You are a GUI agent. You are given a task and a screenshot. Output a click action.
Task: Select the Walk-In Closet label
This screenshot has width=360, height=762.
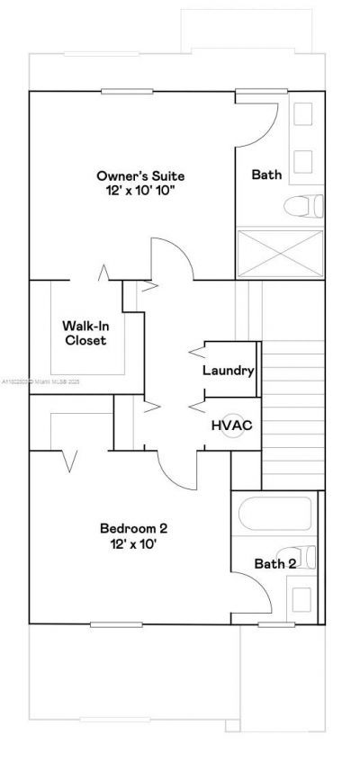(84, 333)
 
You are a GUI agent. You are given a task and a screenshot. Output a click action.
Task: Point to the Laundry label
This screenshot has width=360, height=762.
(229, 371)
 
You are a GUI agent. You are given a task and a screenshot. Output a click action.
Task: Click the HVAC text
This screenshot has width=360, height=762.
(229, 425)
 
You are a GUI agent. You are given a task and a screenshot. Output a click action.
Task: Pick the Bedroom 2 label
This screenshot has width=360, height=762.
(133, 529)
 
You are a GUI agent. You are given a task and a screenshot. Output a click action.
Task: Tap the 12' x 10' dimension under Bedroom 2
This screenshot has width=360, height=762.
(133, 544)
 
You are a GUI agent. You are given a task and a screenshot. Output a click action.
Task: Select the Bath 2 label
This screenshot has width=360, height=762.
(274, 564)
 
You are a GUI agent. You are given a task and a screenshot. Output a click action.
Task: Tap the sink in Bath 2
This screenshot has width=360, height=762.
(300, 598)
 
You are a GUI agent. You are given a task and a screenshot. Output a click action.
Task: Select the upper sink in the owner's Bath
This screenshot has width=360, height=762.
(303, 113)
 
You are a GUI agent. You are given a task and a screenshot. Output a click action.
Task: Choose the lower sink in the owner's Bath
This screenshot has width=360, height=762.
(303, 160)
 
